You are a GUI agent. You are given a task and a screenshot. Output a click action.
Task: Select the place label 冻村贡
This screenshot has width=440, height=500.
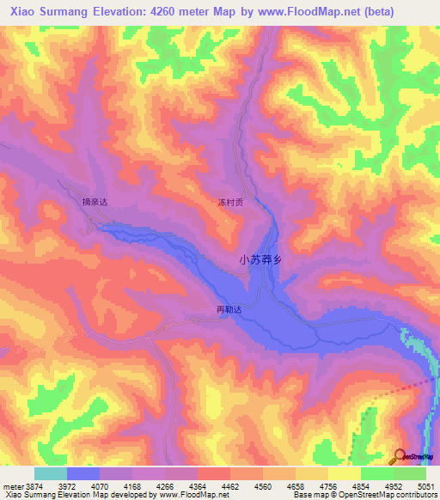[x=230, y=204]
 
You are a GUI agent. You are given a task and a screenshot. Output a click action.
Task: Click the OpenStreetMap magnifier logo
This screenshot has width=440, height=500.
[x=400, y=455]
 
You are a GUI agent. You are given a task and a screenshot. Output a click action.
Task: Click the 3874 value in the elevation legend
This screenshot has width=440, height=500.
[x=33, y=485]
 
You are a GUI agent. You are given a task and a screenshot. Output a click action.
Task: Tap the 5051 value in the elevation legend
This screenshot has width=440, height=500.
[x=425, y=485]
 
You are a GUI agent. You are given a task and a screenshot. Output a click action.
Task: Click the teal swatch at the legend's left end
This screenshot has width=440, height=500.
[x=50, y=473]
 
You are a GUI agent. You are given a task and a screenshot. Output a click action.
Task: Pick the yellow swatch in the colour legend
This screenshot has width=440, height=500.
[x=344, y=473]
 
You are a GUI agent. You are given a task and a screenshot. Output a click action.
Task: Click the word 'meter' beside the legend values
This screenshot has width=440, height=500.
[x=12, y=485]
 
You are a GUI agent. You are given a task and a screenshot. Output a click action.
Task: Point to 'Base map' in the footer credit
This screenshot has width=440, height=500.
[x=308, y=496]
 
